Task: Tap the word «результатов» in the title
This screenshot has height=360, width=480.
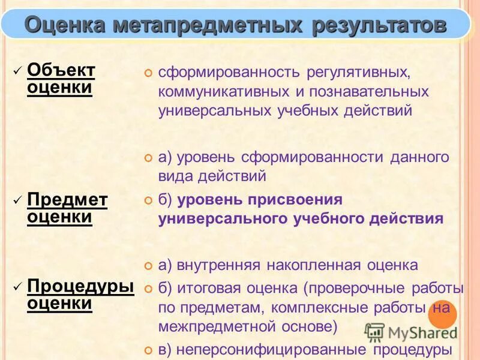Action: [x=379, y=26]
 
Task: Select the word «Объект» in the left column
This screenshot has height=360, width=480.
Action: [x=61, y=70]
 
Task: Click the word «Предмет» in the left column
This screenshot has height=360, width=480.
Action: [x=68, y=199]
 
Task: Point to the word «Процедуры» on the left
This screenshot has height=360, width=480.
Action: [x=81, y=286]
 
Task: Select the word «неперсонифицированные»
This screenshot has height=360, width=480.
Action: [x=271, y=349]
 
